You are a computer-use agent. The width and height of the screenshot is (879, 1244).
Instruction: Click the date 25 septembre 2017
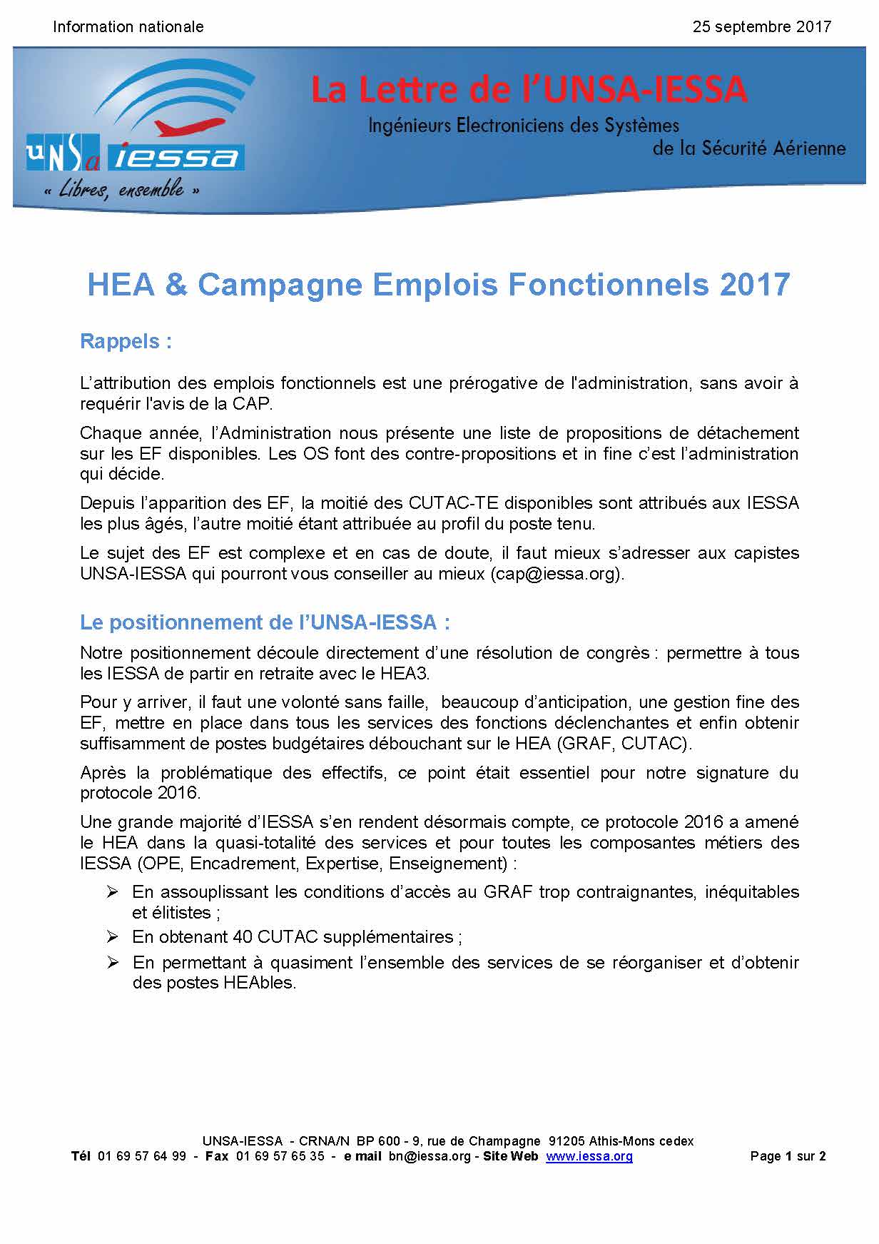[761, 27]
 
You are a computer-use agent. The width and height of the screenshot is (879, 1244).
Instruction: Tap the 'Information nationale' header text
[128, 27]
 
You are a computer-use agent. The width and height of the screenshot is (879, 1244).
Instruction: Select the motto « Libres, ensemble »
[121, 190]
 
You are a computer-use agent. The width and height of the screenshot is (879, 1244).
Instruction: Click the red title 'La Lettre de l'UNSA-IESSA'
[529, 91]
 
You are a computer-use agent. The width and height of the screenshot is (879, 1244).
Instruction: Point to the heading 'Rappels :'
[126, 341]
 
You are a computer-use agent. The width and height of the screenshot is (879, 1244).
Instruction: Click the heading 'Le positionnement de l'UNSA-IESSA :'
[265, 622]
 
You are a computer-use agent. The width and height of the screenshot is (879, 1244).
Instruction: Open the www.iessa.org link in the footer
[589, 1156]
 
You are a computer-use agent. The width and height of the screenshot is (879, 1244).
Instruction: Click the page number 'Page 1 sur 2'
[788, 1156]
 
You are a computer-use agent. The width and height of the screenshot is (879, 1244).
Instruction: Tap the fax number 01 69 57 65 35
[280, 1156]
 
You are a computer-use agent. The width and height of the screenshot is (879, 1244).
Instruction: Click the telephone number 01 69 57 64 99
[141, 1156]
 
